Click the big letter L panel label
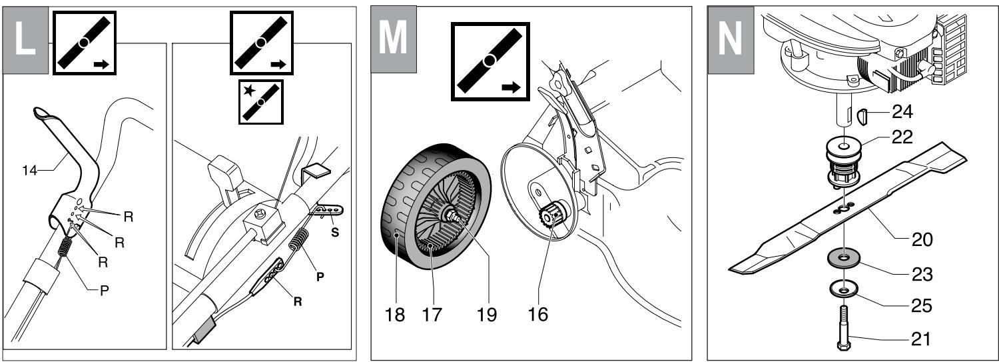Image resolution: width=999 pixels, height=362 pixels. [x=25, y=39]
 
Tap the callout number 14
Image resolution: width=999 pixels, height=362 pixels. [x=29, y=171]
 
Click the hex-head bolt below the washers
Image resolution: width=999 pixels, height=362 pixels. [x=843, y=329]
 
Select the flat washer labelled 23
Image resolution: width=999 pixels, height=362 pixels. [x=843, y=257]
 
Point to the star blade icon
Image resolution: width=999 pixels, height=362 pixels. [x=260, y=101]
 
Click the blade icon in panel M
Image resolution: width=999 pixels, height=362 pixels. [x=490, y=61]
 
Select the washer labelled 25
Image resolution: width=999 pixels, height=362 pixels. [x=843, y=289]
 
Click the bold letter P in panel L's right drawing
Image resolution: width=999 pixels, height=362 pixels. [x=318, y=275]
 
